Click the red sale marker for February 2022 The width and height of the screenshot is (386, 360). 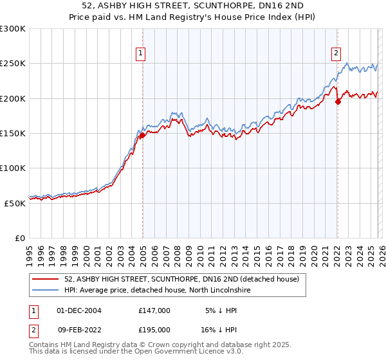tap(338, 102)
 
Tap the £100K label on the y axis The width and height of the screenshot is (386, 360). tap(13, 168)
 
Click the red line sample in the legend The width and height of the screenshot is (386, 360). tap(45, 280)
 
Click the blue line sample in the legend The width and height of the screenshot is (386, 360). tap(45, 291)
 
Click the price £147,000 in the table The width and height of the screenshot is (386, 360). tap(154, 310)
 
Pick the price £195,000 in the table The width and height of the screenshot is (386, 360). tap(154, 330)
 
